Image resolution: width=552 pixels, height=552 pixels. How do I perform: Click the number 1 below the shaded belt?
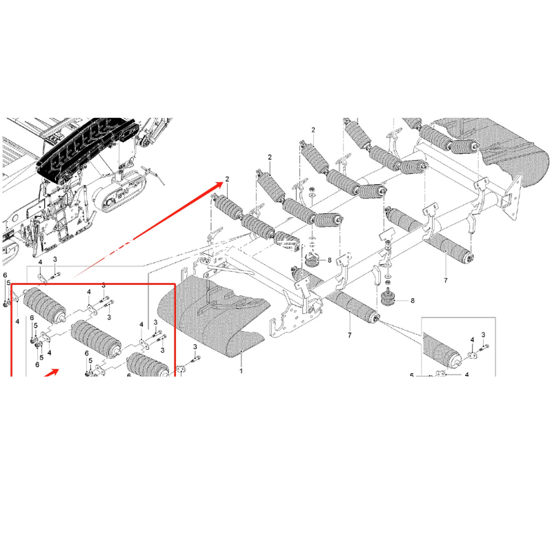241,371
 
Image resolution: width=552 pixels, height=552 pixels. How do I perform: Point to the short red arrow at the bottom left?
50,373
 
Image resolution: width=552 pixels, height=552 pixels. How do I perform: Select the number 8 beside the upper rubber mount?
330,260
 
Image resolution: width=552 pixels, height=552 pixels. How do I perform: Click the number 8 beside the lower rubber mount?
413,300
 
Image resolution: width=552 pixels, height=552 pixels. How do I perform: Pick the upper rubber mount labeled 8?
311,261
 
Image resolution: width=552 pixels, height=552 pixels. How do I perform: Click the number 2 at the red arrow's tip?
227,179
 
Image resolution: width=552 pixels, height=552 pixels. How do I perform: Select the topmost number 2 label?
313,130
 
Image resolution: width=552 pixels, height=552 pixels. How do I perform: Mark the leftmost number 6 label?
5,275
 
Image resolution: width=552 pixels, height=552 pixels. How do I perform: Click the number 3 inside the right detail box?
484,335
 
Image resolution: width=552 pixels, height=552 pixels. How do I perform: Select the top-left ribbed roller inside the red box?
44,305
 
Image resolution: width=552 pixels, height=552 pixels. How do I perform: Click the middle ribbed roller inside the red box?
97,337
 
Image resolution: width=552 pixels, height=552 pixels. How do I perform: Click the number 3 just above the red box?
55,259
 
